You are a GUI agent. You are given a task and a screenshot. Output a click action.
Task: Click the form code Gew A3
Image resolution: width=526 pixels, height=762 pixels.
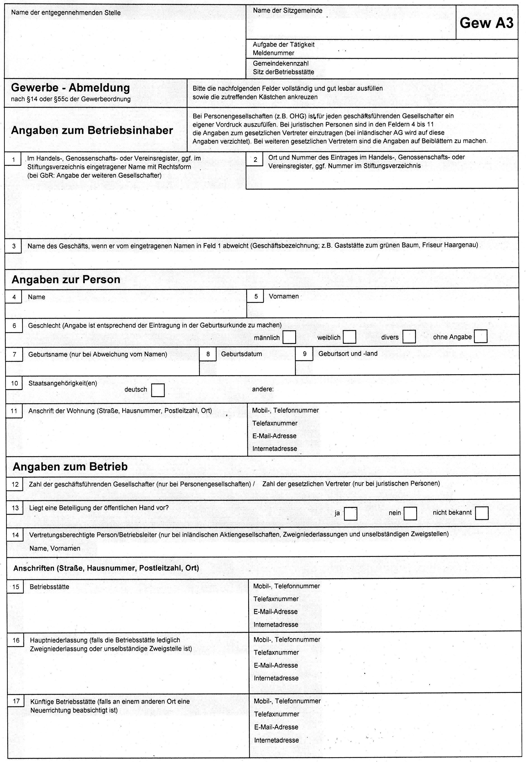pyautogui.click(x=486, y=23)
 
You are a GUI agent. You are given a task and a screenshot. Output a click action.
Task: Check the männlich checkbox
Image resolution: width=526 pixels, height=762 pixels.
pyautogui.click(x=289, y=337)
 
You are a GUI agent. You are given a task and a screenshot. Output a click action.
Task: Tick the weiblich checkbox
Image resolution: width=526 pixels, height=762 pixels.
pyautogui.click(x=349, y=337)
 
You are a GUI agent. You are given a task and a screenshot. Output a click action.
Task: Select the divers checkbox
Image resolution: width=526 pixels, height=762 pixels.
pyautogui.click(x=409, y=337)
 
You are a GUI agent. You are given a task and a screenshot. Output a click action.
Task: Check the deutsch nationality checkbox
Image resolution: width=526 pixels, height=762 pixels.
pyautogui.click(x=158, y=390)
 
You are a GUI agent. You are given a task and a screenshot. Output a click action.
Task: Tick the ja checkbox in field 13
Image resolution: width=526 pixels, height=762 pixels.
pyautogui.click(x=350, y=513)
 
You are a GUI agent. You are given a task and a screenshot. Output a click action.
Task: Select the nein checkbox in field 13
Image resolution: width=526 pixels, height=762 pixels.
pyautogui.click(x=410, y=513)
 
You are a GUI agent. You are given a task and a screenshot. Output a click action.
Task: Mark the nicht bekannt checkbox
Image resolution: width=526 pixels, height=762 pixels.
pyautogui.click(x=481, y=513)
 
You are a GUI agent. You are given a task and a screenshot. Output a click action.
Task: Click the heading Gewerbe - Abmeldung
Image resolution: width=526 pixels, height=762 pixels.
pyautogui.click(x=71, y=88)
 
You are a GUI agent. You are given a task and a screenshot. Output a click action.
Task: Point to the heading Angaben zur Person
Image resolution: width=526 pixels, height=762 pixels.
pyautogui.click(x=66, y=280)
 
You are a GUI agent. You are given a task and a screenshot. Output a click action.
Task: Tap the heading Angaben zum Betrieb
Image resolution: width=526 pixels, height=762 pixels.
pyautogui.click(x=70, y=467)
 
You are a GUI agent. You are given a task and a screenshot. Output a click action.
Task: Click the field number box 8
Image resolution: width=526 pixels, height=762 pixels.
pyautogui.click(x=208, y=354)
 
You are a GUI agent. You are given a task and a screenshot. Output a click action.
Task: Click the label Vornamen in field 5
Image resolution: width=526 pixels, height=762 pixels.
pyautogui.click(x=283, y=296)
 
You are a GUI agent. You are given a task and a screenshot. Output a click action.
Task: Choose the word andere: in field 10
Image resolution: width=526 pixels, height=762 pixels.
pyautogui.click(x=263, y=389)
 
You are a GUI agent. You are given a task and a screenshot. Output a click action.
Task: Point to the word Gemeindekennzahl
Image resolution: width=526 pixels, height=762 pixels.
pyautogui.click(x=281, y=63)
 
